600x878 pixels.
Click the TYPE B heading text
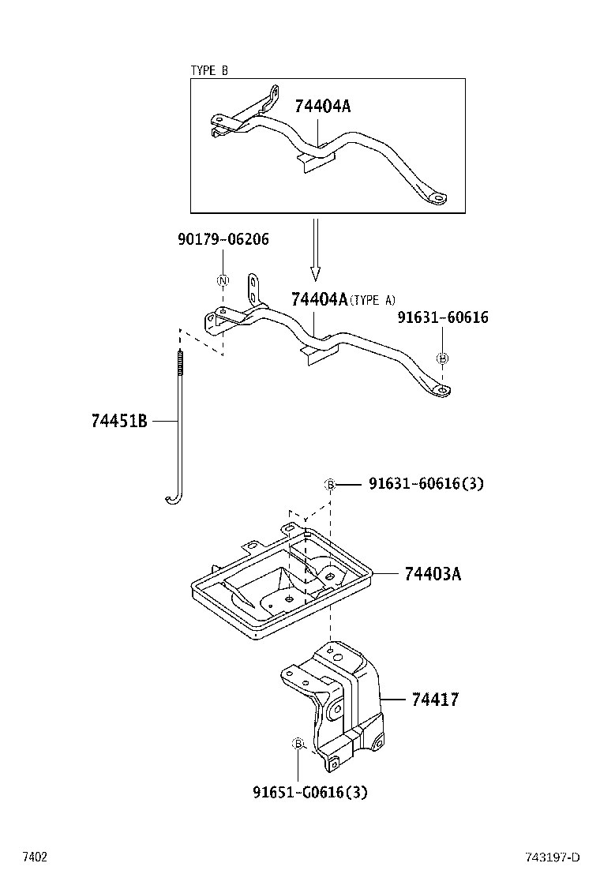coord(209,70)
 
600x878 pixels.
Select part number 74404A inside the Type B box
coord(322,107)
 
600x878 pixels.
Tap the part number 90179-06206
coord(223,238)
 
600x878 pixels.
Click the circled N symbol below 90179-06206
coord(223,281)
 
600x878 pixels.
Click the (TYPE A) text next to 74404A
coord(373,300)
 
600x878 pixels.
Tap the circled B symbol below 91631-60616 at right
coord(442,358)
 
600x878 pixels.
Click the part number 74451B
coord(119,422)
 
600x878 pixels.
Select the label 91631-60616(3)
coord(426,483)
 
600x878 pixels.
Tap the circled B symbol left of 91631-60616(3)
coord(331,484)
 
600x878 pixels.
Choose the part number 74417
coord(434,699)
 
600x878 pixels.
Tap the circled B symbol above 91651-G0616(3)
coord(298,744)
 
